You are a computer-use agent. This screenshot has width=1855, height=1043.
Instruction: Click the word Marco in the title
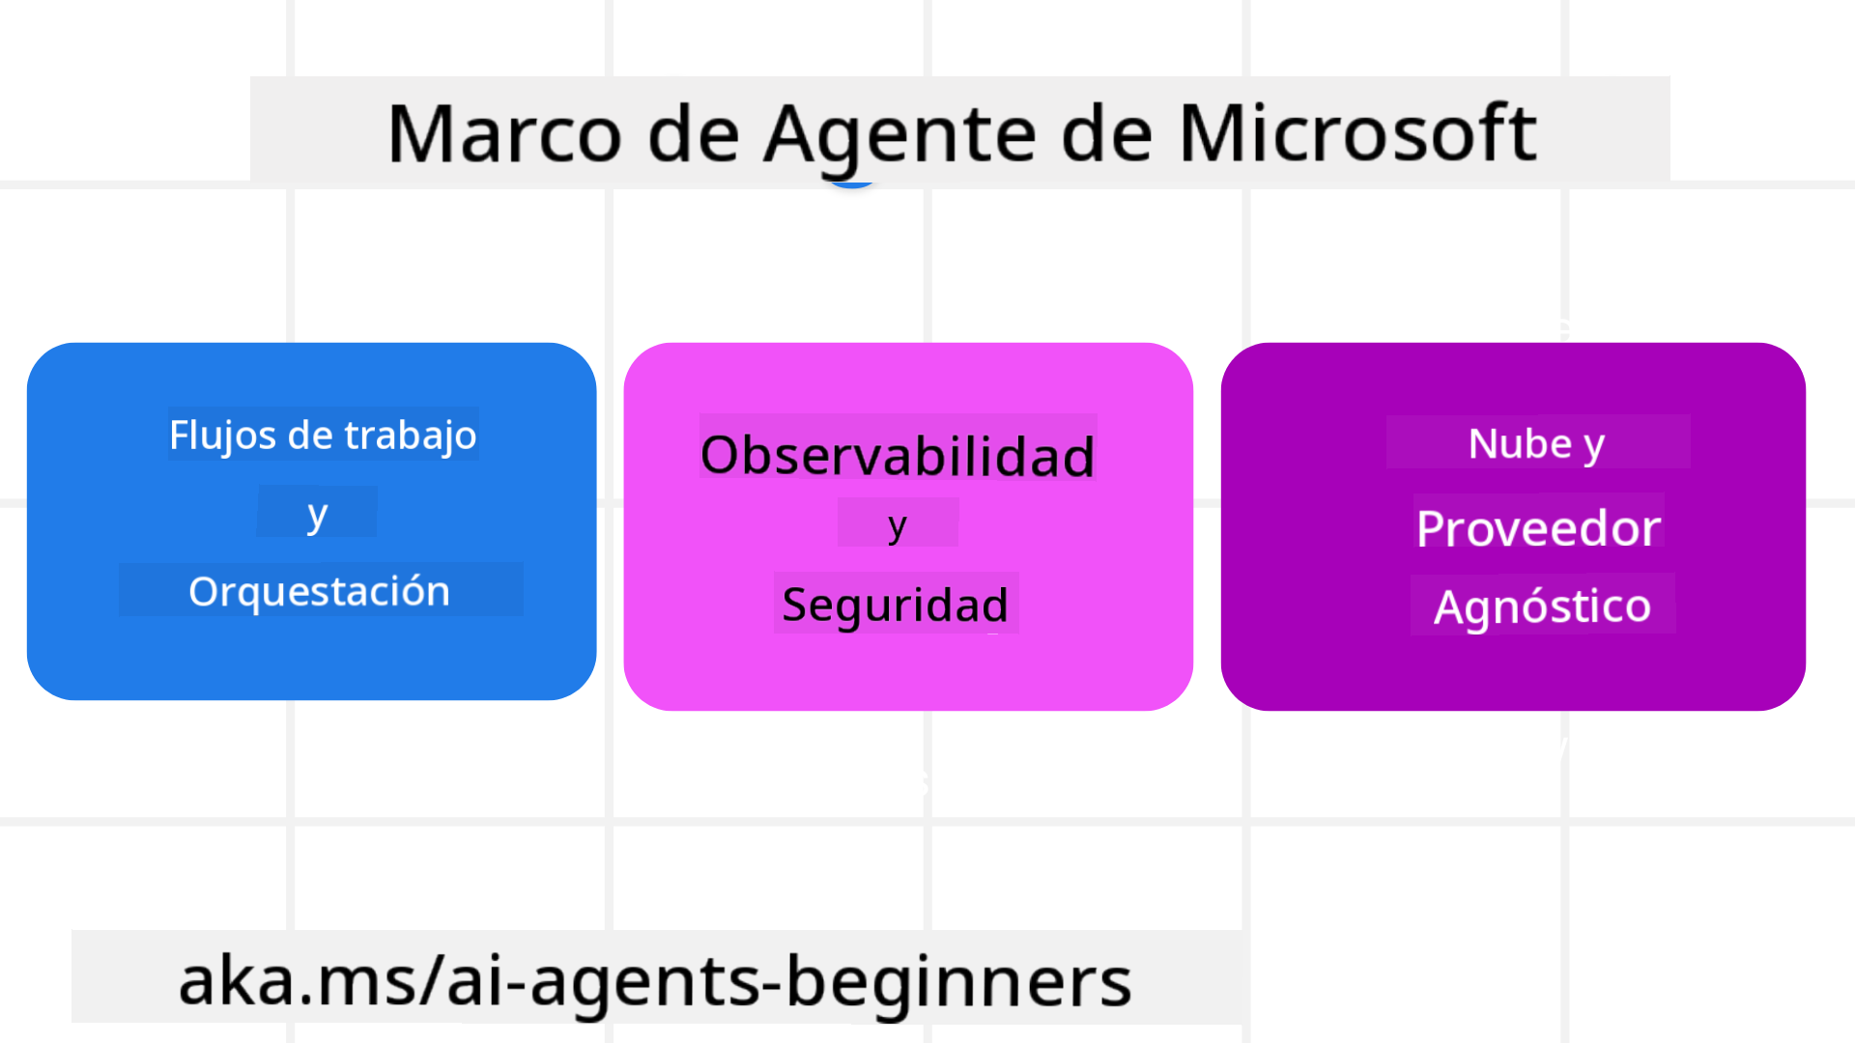(x=504, y=133)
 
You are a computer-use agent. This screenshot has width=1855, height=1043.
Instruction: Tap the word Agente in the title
(x=899, y=136)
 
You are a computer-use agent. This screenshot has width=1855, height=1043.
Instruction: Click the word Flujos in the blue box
(x=223, y=436)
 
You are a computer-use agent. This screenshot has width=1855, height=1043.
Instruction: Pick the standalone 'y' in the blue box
(x=317, y=515)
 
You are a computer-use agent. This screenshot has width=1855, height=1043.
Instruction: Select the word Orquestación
(x=319, y=592)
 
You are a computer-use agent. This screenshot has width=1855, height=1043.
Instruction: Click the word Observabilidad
(x=898, y=456)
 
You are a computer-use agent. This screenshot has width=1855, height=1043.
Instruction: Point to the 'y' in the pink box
(x=898, y=526)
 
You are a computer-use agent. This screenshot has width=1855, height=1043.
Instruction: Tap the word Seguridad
(x=895, y=606)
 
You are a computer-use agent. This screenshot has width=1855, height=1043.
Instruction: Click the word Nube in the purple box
(x=1521, y=444)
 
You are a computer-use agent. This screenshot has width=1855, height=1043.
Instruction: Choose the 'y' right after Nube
(x=1594, y=447)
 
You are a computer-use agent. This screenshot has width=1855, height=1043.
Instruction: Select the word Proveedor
(x=1538, y=528)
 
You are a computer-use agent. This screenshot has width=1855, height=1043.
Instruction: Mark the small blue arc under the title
(x=852, y=183)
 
